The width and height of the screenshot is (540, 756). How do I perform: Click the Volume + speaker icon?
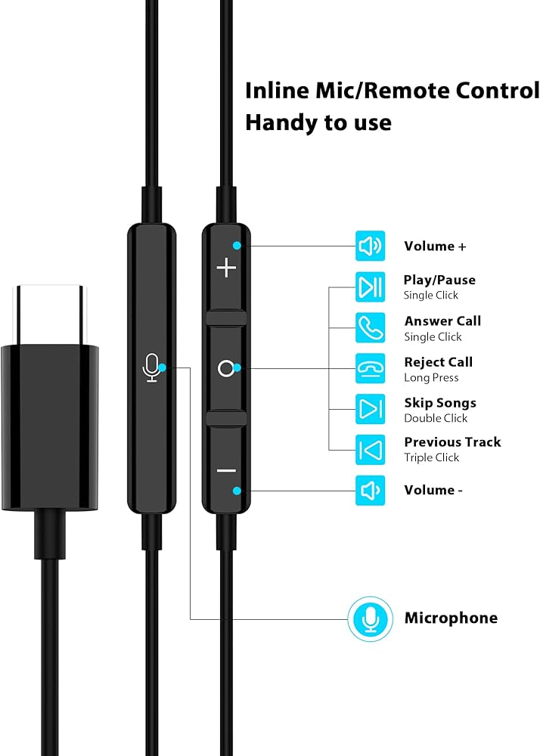tap(370, 246)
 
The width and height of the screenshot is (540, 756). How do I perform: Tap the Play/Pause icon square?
tap(370, 287)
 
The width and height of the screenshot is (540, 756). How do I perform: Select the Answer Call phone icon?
tap(370, 328)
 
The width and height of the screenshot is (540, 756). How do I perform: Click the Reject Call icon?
tap(370, 369)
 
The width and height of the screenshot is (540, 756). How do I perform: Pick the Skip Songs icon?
tap(370, 410)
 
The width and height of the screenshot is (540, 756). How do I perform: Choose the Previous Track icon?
tap(370, 450)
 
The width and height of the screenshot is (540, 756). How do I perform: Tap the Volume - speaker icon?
tap(370, 491)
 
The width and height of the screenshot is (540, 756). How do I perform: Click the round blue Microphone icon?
tap(370, 618)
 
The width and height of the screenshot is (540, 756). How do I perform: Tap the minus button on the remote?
tap(226, 470)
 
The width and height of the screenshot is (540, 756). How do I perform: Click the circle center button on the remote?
tap(225, 369)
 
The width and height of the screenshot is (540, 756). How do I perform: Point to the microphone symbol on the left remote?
tap(152, 368)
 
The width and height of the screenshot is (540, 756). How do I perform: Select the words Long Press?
tap(431, 377)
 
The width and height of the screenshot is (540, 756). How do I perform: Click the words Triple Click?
tap(431, 457)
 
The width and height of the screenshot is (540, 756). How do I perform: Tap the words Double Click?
tap(436, 418)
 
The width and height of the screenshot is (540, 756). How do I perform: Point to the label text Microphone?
tap(451, 618)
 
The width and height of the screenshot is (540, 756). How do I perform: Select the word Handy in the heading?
tap(275, 122)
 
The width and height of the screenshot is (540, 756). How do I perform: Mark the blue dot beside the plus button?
tap(237, 246)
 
